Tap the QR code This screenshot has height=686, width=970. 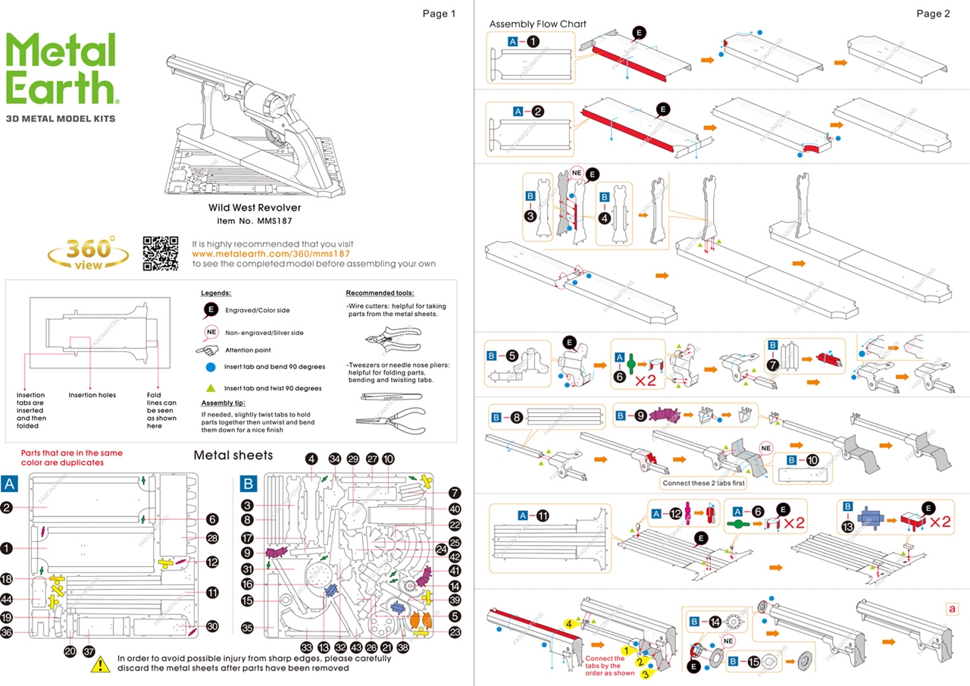click(x=161, y=253)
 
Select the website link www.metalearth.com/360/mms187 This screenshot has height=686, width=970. click(x=271, y=254)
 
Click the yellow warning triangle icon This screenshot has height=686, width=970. click(x=101, y=666)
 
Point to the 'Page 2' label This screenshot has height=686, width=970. click(x=933, y=14)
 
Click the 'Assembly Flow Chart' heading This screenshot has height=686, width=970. click(x=537, y=24)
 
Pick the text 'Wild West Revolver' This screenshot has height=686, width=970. click(x=255, y=207)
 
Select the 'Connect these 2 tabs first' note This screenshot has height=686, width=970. click(x=702, y=483)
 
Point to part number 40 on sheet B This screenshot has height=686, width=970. click(x=455, y=509)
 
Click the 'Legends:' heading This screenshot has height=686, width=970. click(x=216, y=293)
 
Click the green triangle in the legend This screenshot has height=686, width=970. click(x=211, y=387)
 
